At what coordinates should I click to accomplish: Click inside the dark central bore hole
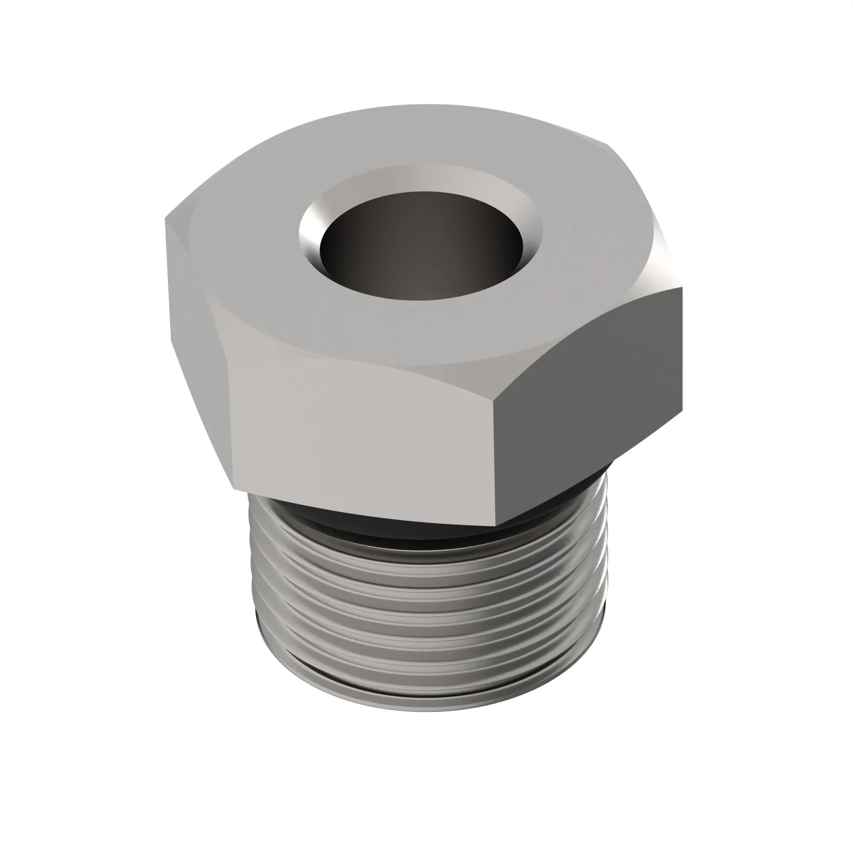point(421,247)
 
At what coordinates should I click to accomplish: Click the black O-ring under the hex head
point(397,527)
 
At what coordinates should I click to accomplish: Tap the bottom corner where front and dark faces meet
point(496,525)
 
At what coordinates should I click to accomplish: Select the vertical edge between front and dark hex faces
point(494,459)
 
